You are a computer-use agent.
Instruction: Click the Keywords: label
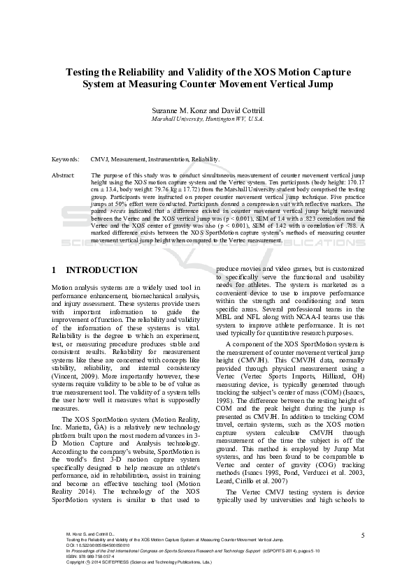[65, 159]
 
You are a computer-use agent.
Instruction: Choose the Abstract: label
[64, 175]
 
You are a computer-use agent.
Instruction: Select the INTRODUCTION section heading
[101, 270]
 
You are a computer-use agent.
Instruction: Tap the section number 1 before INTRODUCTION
[55, 270]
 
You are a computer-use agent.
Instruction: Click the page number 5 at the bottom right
[363, 535]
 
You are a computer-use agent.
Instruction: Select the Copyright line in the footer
[133, 561]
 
